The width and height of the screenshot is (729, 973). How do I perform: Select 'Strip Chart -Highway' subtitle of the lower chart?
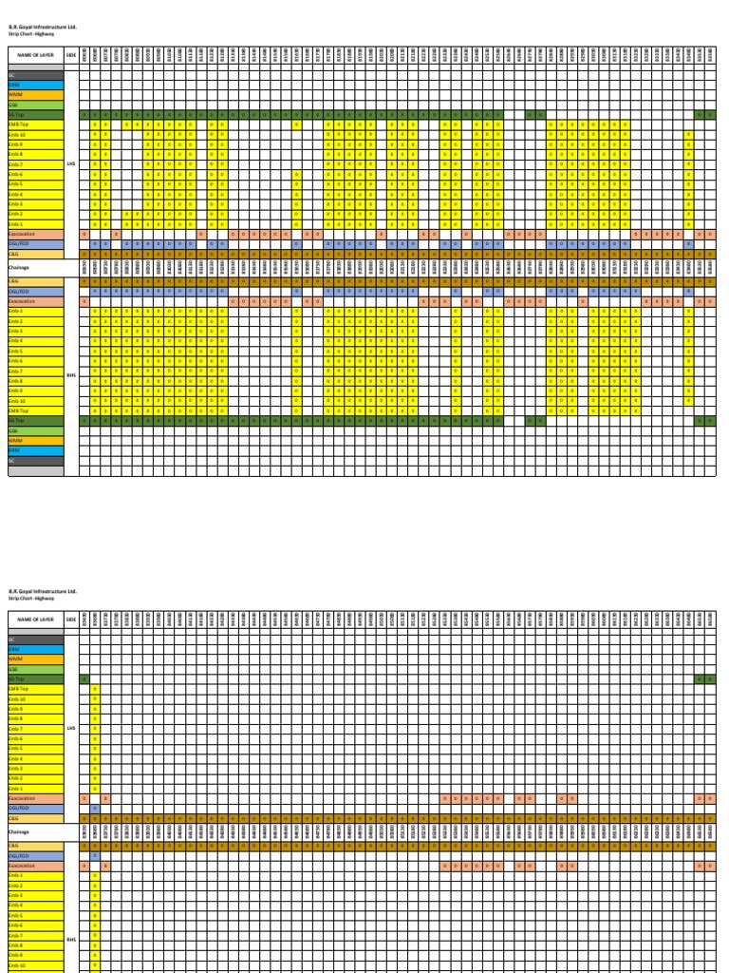[x=29, y=599]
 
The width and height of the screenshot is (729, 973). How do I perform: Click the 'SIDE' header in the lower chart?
[x=71, y=619]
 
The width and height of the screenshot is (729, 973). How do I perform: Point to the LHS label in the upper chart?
[x=71, y=163]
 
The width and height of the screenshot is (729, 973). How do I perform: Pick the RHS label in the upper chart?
[x=71, y=375]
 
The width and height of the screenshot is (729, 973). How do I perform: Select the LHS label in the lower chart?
[x=71, y=729]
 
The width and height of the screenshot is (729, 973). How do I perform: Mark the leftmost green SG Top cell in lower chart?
[x=84, y=679]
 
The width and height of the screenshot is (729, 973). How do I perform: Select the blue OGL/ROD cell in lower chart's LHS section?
[x=95, y=808]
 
